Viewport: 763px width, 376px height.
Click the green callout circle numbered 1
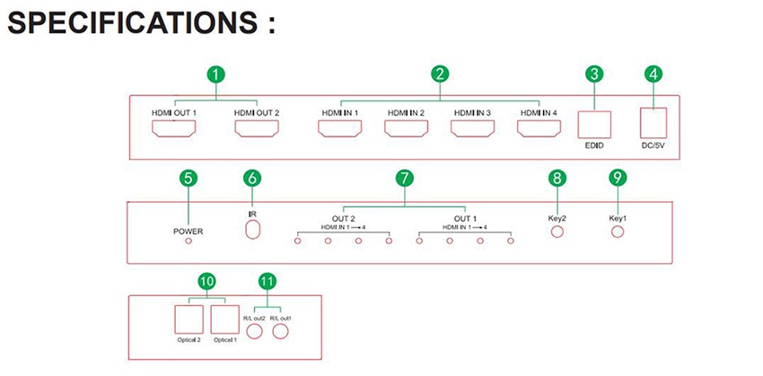pos(216,74)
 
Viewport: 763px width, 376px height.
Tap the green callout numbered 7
pos(404,179)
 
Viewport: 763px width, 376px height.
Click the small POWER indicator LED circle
pos(189,240)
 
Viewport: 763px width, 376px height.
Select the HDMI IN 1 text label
pos(339,113)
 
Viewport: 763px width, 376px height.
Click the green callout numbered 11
pos(267,281)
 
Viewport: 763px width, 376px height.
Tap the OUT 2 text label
pos(343,218)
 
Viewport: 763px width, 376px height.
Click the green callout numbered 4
pos(653,74)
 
